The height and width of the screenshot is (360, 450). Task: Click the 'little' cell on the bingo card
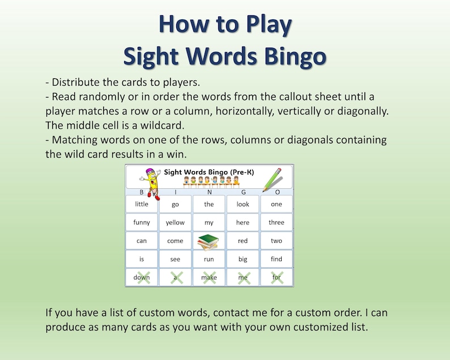(142, 204)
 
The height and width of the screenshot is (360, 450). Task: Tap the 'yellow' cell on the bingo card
(175, 223)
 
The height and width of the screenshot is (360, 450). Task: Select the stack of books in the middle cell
(209, 241)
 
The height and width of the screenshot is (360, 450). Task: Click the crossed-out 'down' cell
(142, 277)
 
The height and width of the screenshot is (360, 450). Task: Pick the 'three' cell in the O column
(277, 223)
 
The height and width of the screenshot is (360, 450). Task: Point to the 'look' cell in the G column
(243, 204)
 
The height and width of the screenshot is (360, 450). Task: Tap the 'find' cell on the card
(277, 259)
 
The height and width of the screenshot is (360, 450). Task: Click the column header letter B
(142, 192)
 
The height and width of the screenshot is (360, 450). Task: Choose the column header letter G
(243, 192)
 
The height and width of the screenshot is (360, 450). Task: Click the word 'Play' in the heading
(265, 25)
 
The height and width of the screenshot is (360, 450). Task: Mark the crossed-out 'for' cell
(277, 277)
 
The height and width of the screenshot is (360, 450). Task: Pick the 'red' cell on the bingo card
(243, 241)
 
